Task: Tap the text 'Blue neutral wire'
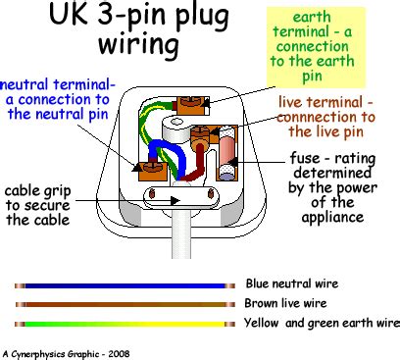point(292,284)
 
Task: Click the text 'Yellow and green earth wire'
point(322,323)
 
